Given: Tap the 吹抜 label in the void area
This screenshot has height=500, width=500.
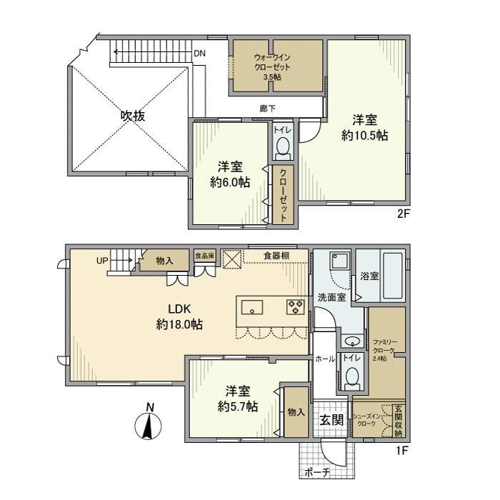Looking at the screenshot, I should pos(132,116).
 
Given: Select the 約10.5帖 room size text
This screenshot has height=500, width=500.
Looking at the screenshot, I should pos(364,135).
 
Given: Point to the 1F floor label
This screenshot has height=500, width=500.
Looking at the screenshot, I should pos(401,451).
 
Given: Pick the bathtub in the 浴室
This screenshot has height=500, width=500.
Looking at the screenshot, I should pos(393,276).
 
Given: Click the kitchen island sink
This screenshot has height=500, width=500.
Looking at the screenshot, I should pos(251,308).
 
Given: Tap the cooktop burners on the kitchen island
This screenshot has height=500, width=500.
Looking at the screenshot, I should pos(295,307).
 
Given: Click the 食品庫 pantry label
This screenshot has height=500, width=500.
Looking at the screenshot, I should pos(204,254).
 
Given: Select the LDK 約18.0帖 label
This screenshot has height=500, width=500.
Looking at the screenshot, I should pos(179,316).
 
